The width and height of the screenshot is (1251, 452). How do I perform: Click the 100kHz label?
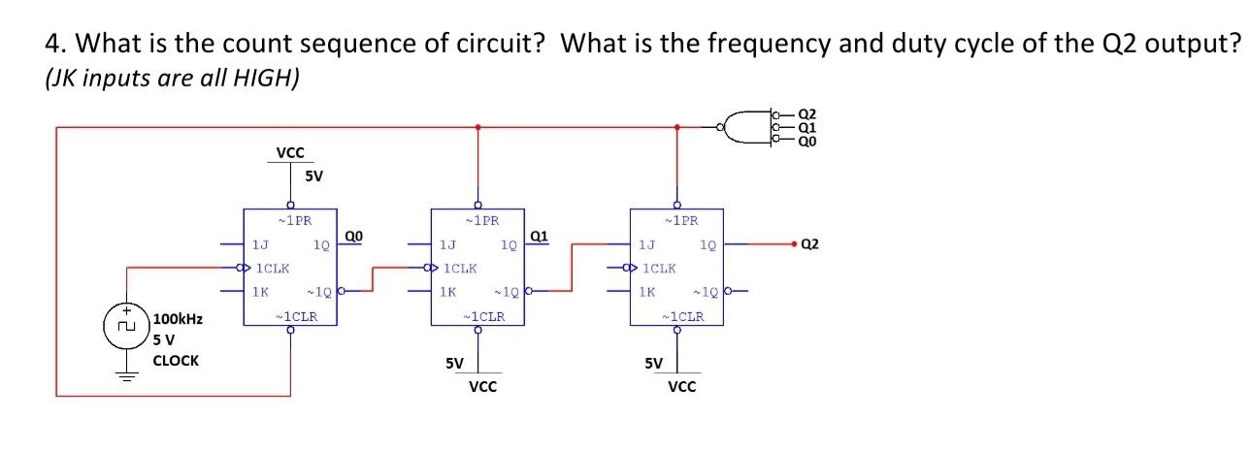click(x=177, y=318)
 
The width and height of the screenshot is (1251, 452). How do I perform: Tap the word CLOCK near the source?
click(x=176, y=360)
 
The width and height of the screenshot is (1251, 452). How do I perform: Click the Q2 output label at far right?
click(x=810, y=244)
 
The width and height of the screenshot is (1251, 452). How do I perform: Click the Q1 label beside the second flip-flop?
click(x=541, y=235)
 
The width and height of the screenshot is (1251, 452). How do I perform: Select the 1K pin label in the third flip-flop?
click(x=645, y=291)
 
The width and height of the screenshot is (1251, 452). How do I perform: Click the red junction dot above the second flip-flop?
click(x=477, y=126)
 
